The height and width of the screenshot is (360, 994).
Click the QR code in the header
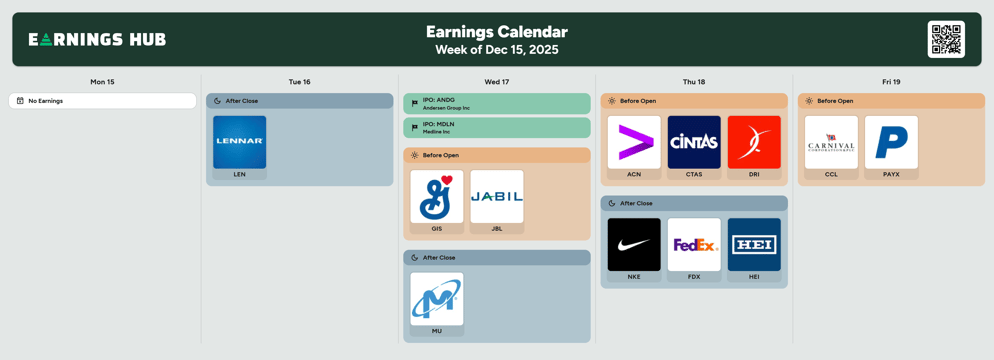tap(946, 39)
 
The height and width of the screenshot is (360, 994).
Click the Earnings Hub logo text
tap(97, 40)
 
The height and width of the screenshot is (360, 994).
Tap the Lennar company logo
tap(239, 142)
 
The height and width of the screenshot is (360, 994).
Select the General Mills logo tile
tap(437, 196)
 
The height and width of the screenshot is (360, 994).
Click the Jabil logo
tap(497, 196)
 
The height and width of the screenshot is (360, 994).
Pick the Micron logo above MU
tap(437, 299)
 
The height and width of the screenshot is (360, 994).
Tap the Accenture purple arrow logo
tap(634, 142)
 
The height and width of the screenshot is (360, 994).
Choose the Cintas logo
tap(694, 142)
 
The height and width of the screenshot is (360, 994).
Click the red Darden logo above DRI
tap(754, 142)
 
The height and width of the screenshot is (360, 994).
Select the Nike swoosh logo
tap(634, 245)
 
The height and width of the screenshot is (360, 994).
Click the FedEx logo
tap(694, 245)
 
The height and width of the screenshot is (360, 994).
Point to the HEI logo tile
tap(754, 245)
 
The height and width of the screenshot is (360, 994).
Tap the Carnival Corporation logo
tap(831, 142)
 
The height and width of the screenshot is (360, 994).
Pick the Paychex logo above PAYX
tap(891, 142)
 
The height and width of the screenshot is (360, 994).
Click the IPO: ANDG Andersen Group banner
tap(497, 104)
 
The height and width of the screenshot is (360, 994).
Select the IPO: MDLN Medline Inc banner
tap(497, 128)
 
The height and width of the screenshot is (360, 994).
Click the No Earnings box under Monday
tap(102, 101)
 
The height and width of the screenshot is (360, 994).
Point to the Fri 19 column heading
tap(891, 82)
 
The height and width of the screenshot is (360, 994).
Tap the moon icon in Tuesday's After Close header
tap(217, 101)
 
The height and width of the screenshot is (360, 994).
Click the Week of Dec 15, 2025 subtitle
tap(497, 50)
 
